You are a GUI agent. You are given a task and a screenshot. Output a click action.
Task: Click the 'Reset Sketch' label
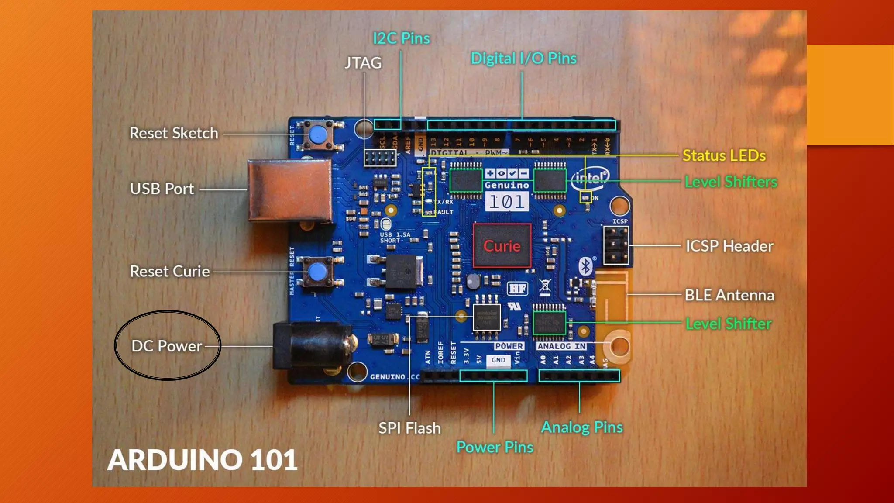(174, 133)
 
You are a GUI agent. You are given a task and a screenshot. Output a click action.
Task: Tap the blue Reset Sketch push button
(318, 134)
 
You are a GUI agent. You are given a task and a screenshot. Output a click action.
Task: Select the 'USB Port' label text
(162, 189)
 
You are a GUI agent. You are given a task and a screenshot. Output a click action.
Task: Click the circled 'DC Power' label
(167, 346)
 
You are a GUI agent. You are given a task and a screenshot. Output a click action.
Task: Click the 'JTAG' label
(363, 63)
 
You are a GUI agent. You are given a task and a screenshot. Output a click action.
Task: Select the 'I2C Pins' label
(401, 38)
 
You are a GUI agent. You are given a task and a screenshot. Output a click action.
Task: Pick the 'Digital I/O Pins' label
(523, 59)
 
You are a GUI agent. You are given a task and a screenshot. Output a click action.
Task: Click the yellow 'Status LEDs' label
(724, 156)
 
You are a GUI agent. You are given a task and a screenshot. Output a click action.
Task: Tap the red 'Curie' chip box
(502, 246)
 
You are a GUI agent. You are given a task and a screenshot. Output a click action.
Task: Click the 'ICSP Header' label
(729, 246)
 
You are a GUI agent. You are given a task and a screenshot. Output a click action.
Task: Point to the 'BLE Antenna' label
(729, 295)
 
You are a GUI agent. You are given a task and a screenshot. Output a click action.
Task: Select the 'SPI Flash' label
(409, 428)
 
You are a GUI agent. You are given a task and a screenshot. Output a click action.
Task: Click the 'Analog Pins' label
(582, 427)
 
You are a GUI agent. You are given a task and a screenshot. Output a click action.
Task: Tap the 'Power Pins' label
(495, 447)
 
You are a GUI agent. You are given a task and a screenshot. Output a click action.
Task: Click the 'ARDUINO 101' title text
(202, 460)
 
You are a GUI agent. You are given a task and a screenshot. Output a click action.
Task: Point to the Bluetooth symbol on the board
(585, 266)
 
